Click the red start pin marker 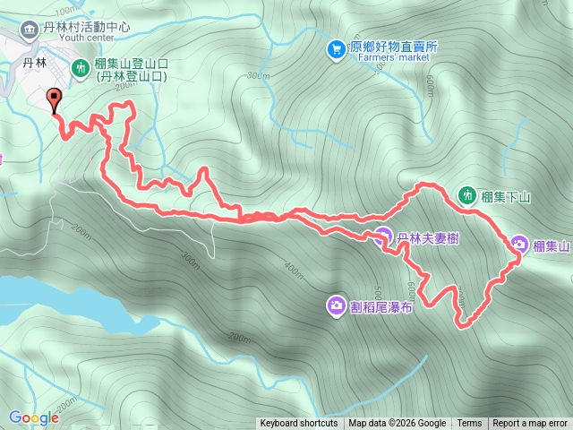coord(53,100)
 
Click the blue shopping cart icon coord(336,47)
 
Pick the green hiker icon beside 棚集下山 coord(466,194)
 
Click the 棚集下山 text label coord(506,195)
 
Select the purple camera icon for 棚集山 coord(520,245)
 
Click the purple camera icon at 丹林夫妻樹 coord(382,237)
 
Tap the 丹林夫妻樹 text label coord(429,238)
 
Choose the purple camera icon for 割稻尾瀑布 coord(336,306)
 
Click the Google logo coord(34,417)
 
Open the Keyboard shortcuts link coord(299,424)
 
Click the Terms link coord(469,424)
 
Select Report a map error coord(530,424)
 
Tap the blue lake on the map coord(54,300)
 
